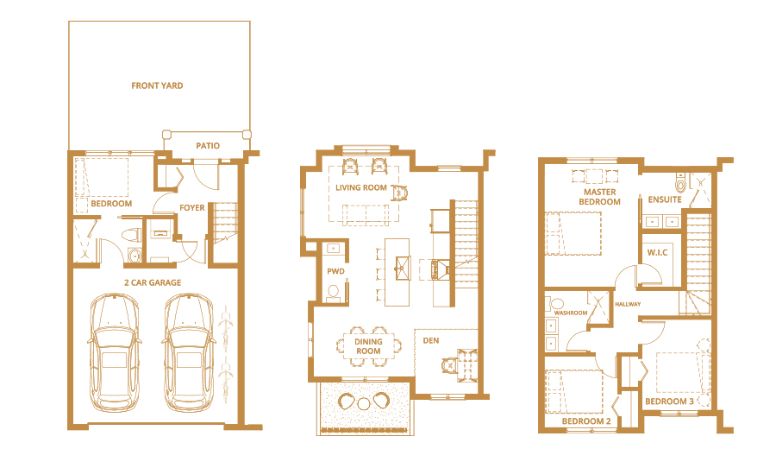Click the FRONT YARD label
(x=157, y=85)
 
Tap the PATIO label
(x=208, y=146)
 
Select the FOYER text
(x=192, y=208)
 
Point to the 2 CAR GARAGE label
(x=153, y=282)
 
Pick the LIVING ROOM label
(x=361, y=187)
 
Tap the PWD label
(x=335, y=271)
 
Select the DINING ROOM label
(x=368, y=346)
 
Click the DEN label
(x=431, y=340)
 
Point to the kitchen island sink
(x=403, y=269)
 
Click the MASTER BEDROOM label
(x=600, y=197)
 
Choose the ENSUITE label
(x=665, y=199)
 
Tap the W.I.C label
(x=657, y=252)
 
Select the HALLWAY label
(x=628, y=304)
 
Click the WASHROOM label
(x=571, y=313)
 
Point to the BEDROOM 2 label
(x=586, y=421)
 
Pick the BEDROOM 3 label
(x=670, y=401)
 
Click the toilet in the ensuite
(x=681, y=183)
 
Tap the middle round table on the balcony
(x=363, y=404)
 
